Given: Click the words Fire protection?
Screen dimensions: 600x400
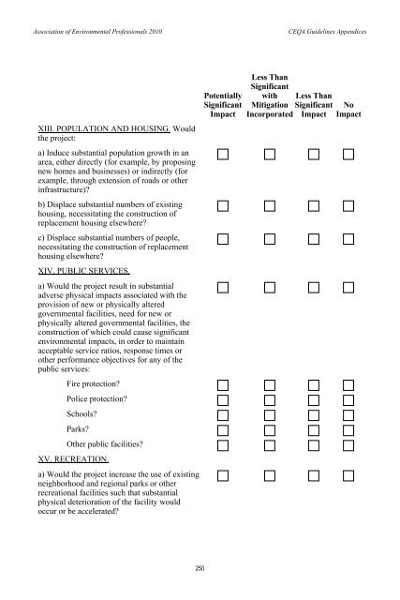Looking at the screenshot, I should coord(99,385).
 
